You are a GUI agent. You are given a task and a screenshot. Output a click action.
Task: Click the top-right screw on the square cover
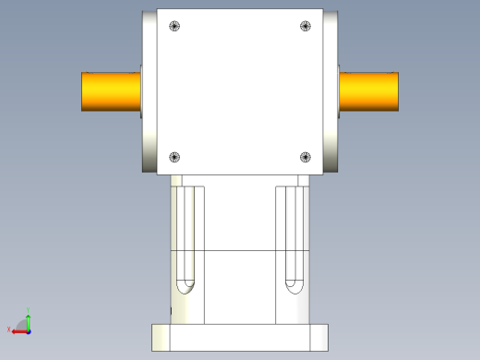point(306,27)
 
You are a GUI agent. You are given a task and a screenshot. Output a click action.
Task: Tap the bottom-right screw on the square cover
point(306,157)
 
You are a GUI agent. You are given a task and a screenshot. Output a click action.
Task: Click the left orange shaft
point(111,91)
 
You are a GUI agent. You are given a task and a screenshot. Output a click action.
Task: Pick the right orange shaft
point(369,91)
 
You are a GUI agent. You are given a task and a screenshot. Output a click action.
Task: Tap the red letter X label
point(9,330)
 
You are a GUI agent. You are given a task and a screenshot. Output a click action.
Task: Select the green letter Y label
point(30,309)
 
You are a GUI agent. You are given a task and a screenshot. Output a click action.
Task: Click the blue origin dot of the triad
point(28,329)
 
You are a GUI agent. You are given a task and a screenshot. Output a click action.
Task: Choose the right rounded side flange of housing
point(330,92)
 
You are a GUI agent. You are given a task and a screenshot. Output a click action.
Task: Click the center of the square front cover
point(241,92)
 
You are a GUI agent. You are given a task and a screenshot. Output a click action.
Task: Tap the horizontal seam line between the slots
point(240,250)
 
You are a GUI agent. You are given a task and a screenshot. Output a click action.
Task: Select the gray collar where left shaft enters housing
point(142,91)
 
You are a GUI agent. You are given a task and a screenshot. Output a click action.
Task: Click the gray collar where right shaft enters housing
point(339,91)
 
